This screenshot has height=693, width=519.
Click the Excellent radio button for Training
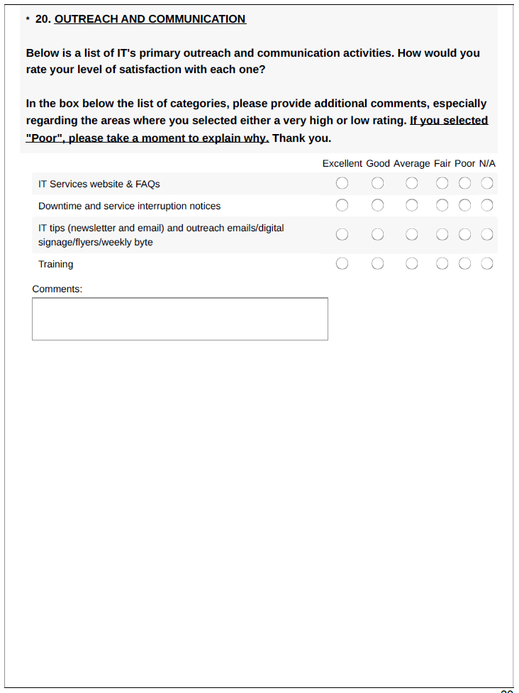342,264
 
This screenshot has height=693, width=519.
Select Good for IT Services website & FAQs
378,184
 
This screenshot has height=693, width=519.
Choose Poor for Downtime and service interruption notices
464,206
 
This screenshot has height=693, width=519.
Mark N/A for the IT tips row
487,235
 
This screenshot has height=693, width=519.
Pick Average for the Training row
412,264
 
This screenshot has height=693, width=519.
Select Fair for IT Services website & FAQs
442,184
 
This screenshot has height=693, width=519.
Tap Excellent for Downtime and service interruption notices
342,206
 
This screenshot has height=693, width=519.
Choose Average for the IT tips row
412,235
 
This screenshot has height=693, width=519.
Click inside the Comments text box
180,319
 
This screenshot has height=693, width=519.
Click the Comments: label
57,289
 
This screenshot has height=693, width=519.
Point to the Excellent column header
342,163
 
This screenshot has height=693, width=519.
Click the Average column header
412,163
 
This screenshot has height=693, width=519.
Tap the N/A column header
487,163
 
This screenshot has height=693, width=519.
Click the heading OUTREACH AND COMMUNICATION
150,19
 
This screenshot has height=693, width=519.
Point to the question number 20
43,19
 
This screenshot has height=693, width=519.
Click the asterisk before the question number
28,20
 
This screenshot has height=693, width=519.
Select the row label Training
56,264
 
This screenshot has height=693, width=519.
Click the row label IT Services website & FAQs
99,184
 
